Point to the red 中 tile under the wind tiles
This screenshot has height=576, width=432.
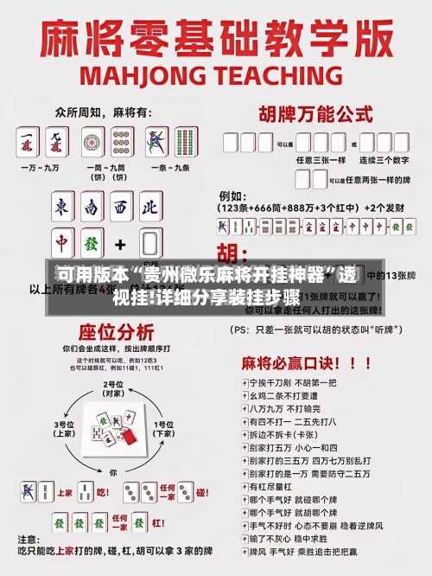tap(61, 244)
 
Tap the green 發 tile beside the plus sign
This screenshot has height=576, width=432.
tap(92, 244)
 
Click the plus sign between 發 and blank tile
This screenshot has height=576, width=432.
tap(121, 244)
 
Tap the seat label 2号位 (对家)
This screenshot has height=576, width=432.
tap(112, 388)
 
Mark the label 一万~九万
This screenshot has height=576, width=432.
tap(43, 167)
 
